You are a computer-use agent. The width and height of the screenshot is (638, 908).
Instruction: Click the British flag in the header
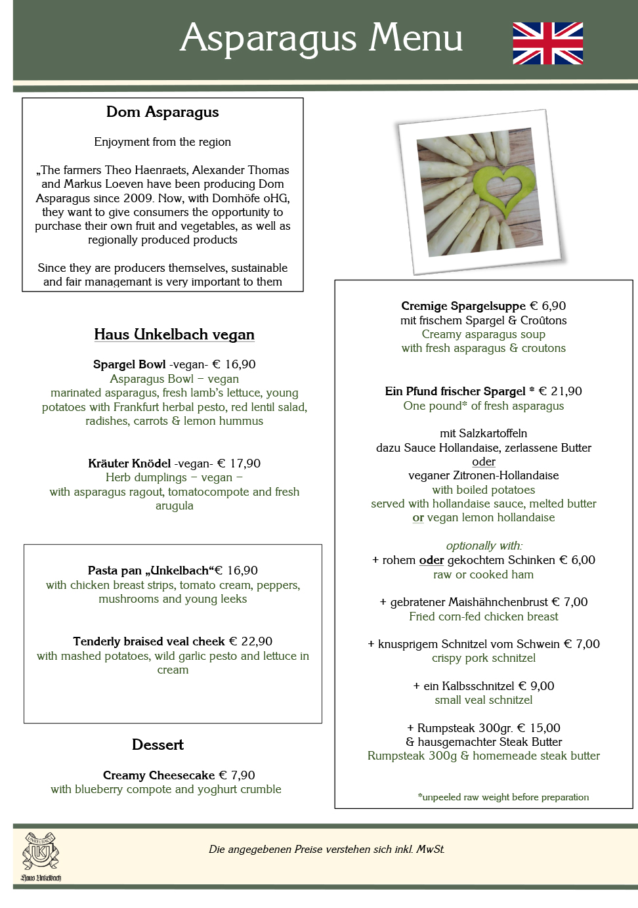click(x=547, y=43)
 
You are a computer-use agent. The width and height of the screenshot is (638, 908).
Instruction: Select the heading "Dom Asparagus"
click(x=163, y=112)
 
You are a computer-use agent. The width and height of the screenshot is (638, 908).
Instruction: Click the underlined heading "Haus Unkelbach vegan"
click(x=174, y=335)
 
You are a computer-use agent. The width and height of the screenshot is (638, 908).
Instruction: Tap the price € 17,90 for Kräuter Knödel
click(x=239, y=464)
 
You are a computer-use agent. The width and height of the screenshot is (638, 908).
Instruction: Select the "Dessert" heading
click(x=158, y=745)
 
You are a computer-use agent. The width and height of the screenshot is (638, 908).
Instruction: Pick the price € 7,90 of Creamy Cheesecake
click(x=236, y=775)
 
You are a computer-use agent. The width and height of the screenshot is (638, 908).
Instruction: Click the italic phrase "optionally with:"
click(x=484, y=546)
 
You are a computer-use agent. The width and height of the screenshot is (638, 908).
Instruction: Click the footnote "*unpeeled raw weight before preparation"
click(x=503, y=797)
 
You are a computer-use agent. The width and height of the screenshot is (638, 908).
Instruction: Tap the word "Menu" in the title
click(x=415, y=38)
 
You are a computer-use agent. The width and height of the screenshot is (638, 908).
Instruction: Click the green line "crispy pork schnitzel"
click(x=484, y=658)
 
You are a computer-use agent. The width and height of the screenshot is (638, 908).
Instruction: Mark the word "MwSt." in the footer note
click(x=431, y=850)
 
